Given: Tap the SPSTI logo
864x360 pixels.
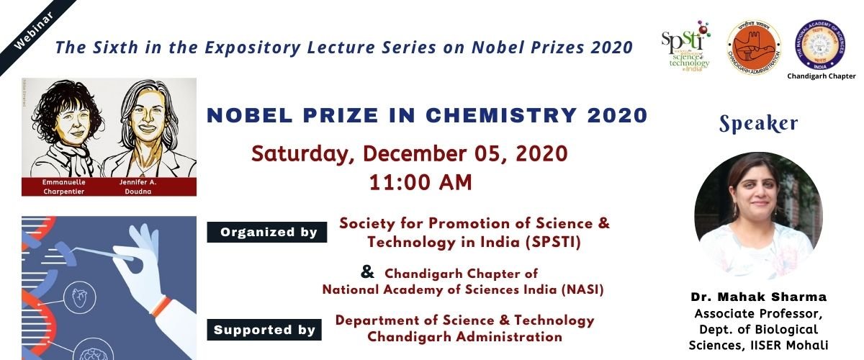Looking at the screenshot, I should [685, 45].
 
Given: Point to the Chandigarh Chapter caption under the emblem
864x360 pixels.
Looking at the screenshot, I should [821, 76].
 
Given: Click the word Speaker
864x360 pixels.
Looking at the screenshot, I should [759, 124].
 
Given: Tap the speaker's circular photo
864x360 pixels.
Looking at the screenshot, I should [758, 215].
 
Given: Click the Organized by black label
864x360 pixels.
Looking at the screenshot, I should [267, 232].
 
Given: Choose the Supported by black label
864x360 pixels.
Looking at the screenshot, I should [264, 330].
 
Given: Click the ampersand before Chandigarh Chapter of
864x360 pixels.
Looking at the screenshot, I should [367, 272].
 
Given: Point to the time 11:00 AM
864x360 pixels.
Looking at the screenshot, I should [420, 182].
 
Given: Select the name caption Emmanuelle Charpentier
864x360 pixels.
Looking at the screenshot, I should [66, 187].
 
